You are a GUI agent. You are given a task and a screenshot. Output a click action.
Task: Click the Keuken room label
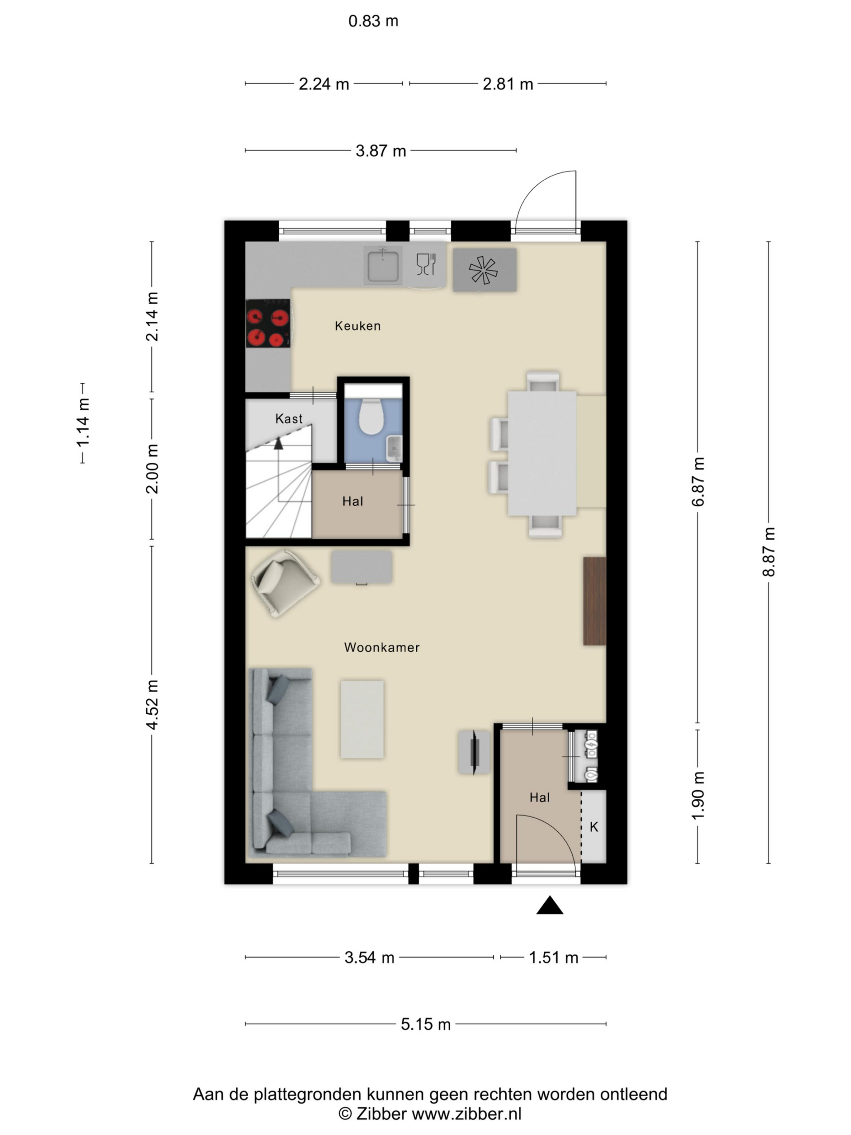tap(358, 326)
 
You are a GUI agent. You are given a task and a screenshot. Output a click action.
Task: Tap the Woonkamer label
tap(382, 648)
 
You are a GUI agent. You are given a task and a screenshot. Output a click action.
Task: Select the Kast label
tap(289, 419)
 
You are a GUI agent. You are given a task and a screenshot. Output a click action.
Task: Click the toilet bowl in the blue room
tap(371, 415)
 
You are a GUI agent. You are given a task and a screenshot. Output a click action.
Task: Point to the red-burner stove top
tap(268, 323)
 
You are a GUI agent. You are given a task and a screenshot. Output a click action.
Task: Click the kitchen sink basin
tap(383, 265)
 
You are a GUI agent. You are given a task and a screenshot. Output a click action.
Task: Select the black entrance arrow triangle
tap(549, 906)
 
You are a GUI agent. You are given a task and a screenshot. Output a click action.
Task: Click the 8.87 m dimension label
tap(769, 552)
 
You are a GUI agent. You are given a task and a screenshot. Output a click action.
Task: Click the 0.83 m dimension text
tap(373, 21)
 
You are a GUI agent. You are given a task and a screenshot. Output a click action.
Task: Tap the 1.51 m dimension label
tap(554, 958)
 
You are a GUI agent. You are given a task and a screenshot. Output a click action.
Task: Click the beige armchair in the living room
tap(285, 583)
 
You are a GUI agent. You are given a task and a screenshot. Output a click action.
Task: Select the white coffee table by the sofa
tap(362, 720)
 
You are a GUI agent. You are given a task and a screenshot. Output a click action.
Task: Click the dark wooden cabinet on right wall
tap(594, 601)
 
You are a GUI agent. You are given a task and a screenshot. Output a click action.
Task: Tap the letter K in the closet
tap(594, 826)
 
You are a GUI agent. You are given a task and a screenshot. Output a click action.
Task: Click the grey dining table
tap(542, 453)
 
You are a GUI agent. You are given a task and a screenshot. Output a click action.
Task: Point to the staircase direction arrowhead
tap(278, 444)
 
